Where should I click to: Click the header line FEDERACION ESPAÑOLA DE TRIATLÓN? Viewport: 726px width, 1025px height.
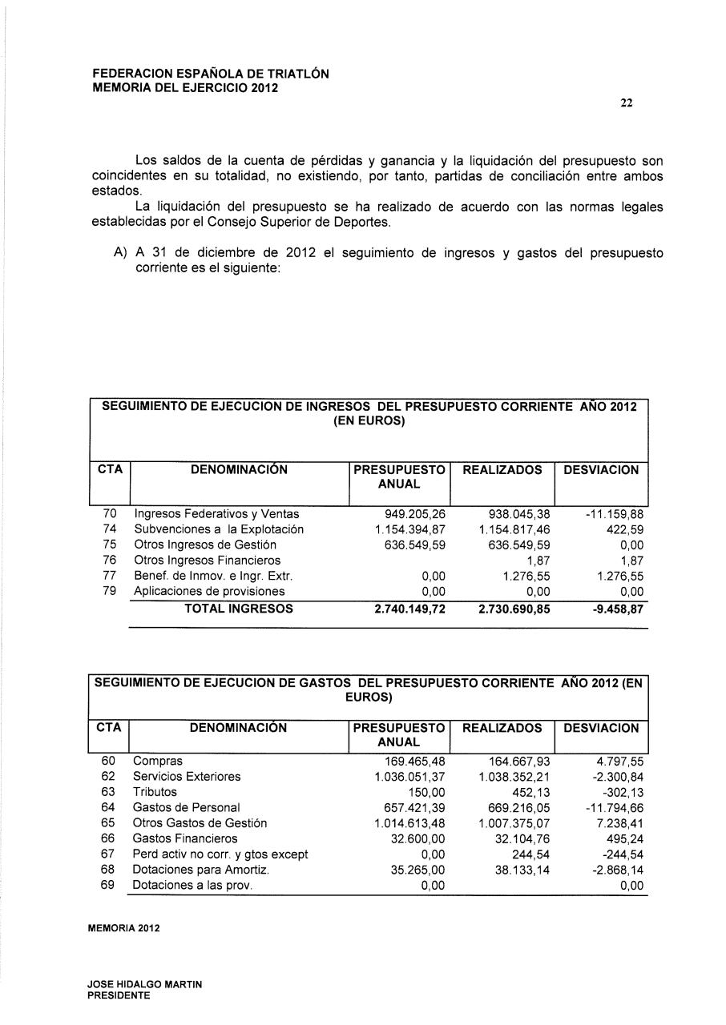pyautogui.click(x=211, y=74)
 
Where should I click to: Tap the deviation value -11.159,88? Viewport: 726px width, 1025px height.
pyautogui.click(x=614, y=515)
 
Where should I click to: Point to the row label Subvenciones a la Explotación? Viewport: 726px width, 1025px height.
pyautogui.click(x=219, y=530)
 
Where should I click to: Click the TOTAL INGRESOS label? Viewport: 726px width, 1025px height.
pyautogui.click(x=239, y=609)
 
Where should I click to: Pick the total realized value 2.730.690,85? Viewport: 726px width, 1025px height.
pyautogui.click(x=514, y=609)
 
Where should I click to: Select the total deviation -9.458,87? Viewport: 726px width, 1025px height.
pyautogui.click(x=613, y=609)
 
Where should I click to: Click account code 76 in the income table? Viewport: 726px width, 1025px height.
pyautogui.click(x=110, y=561)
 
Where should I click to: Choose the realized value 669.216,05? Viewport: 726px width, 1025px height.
pyautogui.click(x=518, y=808)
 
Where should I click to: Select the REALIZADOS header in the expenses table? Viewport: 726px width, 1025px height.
pyautogui.click(x=502, y=728)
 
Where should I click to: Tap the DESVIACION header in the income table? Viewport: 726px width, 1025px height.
pyautogui.click(x=601, y=470)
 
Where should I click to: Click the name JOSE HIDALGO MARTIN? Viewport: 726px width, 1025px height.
pyautogui.click(x=145, y=985)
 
